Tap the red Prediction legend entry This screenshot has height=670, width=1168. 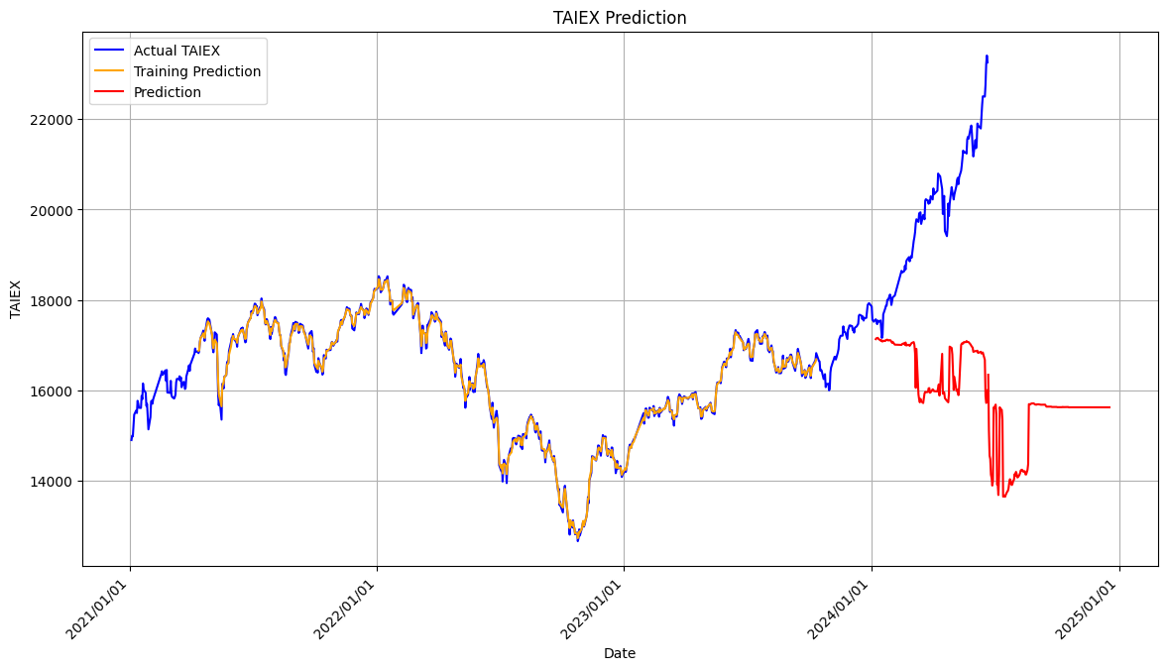click(167, 92)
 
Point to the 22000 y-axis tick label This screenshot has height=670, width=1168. click(52, 120)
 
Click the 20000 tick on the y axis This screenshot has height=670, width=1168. click(52, 210)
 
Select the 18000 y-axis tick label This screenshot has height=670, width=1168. click(52, 300)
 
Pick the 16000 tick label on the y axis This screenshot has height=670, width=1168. click(52, 391)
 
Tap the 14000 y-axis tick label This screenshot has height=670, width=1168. click(52, 482)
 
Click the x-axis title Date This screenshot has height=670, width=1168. click(620, 653)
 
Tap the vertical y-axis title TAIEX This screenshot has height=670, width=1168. click(15, 299)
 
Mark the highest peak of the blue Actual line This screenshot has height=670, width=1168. click(987, 56)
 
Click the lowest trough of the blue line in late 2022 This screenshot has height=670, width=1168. click(578, 540)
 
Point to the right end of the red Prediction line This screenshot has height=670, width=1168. click(1110, 407)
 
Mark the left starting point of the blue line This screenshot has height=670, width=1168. click(131, 439)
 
